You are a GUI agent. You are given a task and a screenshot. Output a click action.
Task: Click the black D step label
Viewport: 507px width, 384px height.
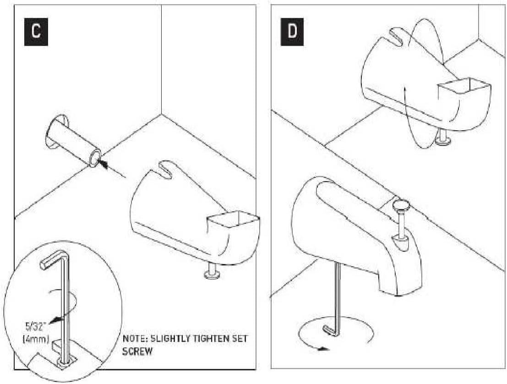click(x=292, y=32)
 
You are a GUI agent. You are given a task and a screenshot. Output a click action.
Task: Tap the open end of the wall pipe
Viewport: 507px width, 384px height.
click(x=95, y=159)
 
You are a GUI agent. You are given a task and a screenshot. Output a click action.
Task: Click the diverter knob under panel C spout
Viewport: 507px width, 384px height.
click(x=212, y=275)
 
